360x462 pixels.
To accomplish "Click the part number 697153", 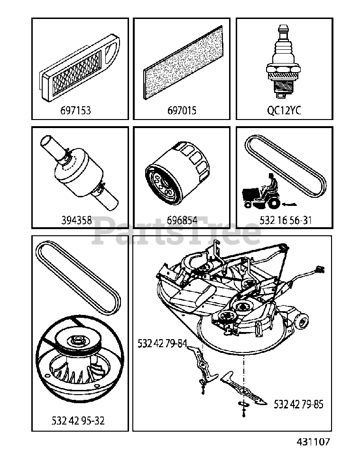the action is (76, 111).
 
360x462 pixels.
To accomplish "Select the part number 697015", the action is (182, 111).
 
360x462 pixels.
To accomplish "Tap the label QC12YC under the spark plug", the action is (284, 111).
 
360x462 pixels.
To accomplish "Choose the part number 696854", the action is (182, 220).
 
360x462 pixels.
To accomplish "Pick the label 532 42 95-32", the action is (78, 420).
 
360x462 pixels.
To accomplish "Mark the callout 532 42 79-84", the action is (162, 342).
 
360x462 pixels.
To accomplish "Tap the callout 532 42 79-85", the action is (299, 405).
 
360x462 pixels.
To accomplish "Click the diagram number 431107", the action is (313, 442).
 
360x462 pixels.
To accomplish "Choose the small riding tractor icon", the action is (260, 193).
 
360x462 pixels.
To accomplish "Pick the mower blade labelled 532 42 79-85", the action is (247, 389).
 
